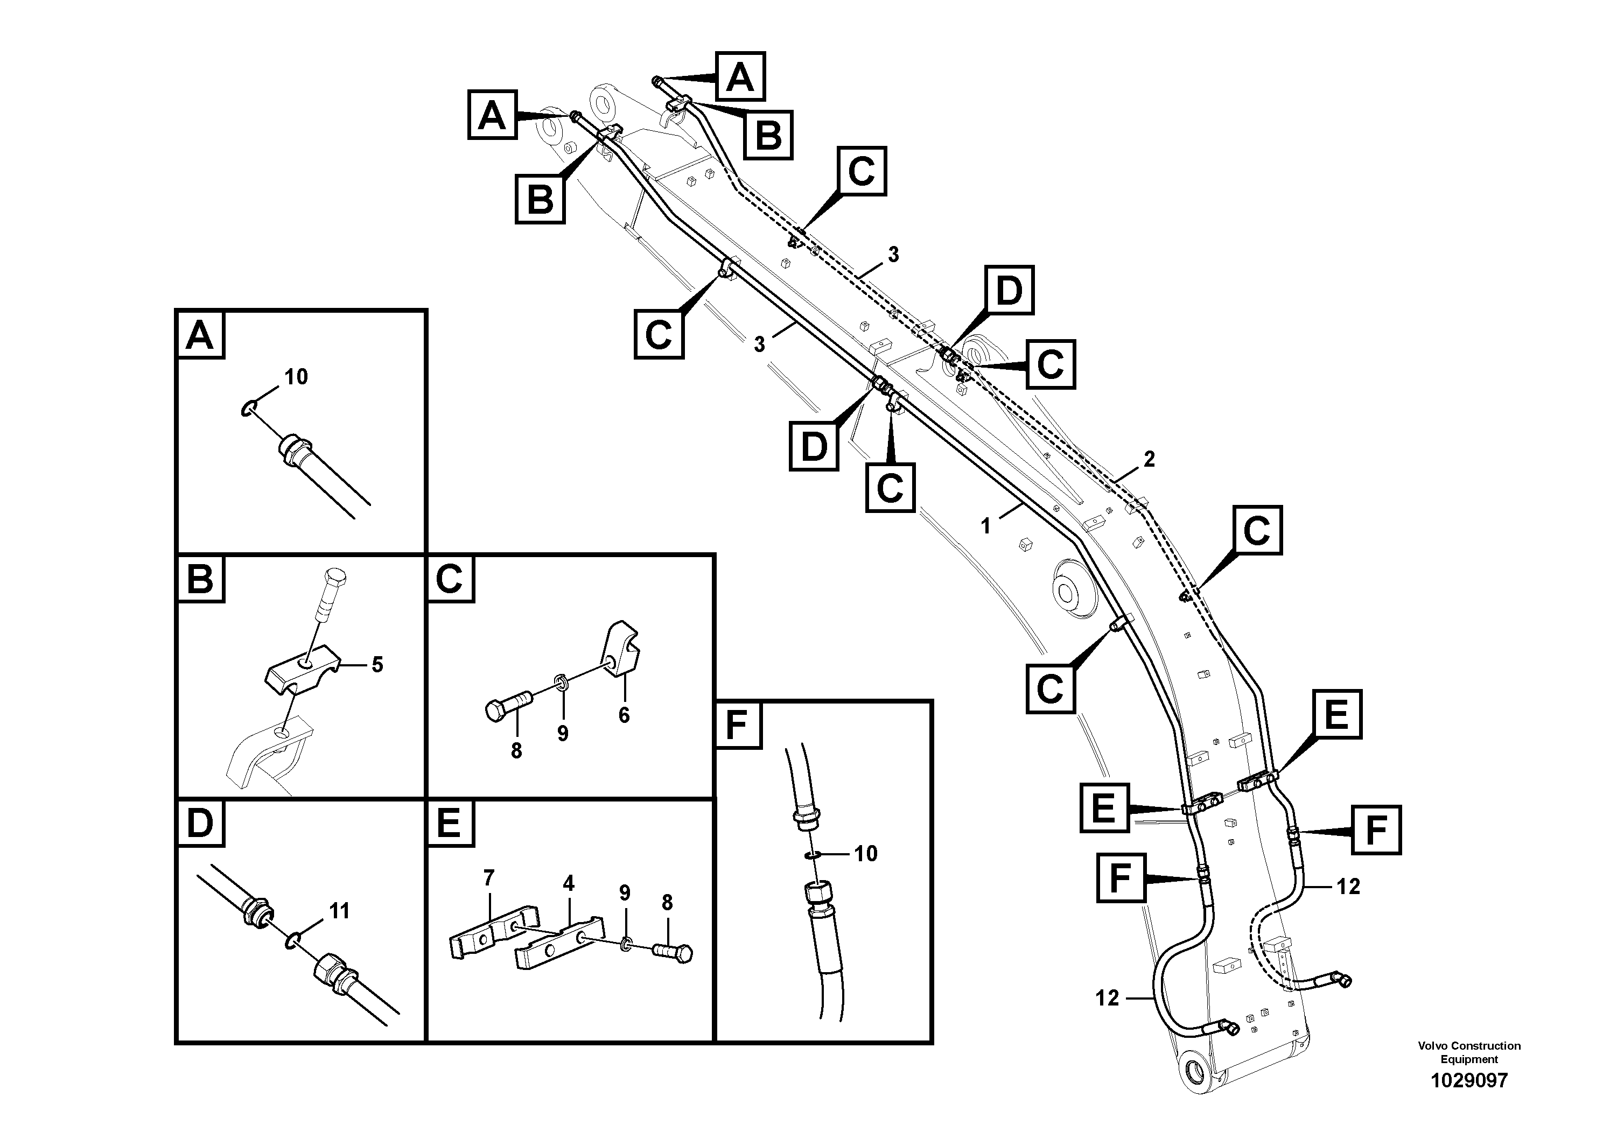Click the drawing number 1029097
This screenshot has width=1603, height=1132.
point(1469,1081)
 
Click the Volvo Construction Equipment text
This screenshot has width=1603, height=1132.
point(1469,1052)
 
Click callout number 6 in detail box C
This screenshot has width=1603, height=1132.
point(624,715)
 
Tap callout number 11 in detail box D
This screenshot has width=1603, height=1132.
point(339,911)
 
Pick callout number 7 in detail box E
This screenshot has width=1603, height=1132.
point(489,877)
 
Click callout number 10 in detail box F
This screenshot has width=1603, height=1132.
point(866,854)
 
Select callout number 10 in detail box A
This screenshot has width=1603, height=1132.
point(296,377)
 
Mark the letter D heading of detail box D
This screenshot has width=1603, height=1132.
point(200,824)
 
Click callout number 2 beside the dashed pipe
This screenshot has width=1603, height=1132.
point(1149,459)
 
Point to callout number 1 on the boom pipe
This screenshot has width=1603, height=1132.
point(986,526)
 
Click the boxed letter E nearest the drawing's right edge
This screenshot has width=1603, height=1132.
point(1336,715)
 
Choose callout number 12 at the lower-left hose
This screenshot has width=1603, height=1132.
point(1107,998)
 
